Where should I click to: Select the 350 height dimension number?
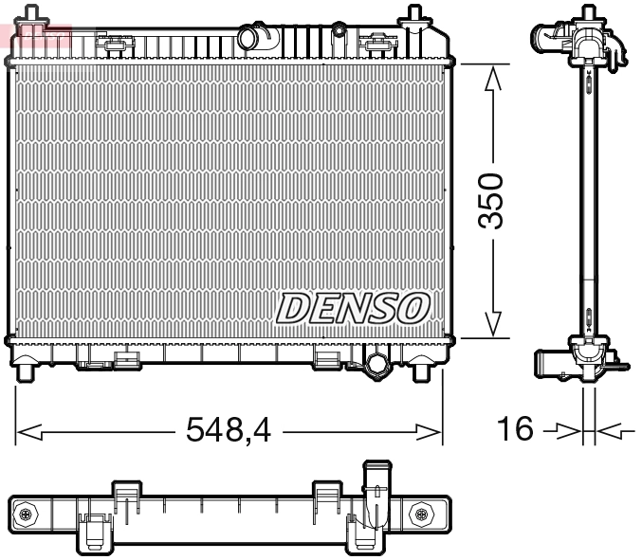click(x=490, y=200)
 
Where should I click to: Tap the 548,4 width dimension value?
click(x=228, y=431)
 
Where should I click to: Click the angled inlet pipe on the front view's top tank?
click(x=255, y=38)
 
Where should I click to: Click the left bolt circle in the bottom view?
click(x=26, y=514)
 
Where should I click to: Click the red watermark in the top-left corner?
click(x=36, y=36)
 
